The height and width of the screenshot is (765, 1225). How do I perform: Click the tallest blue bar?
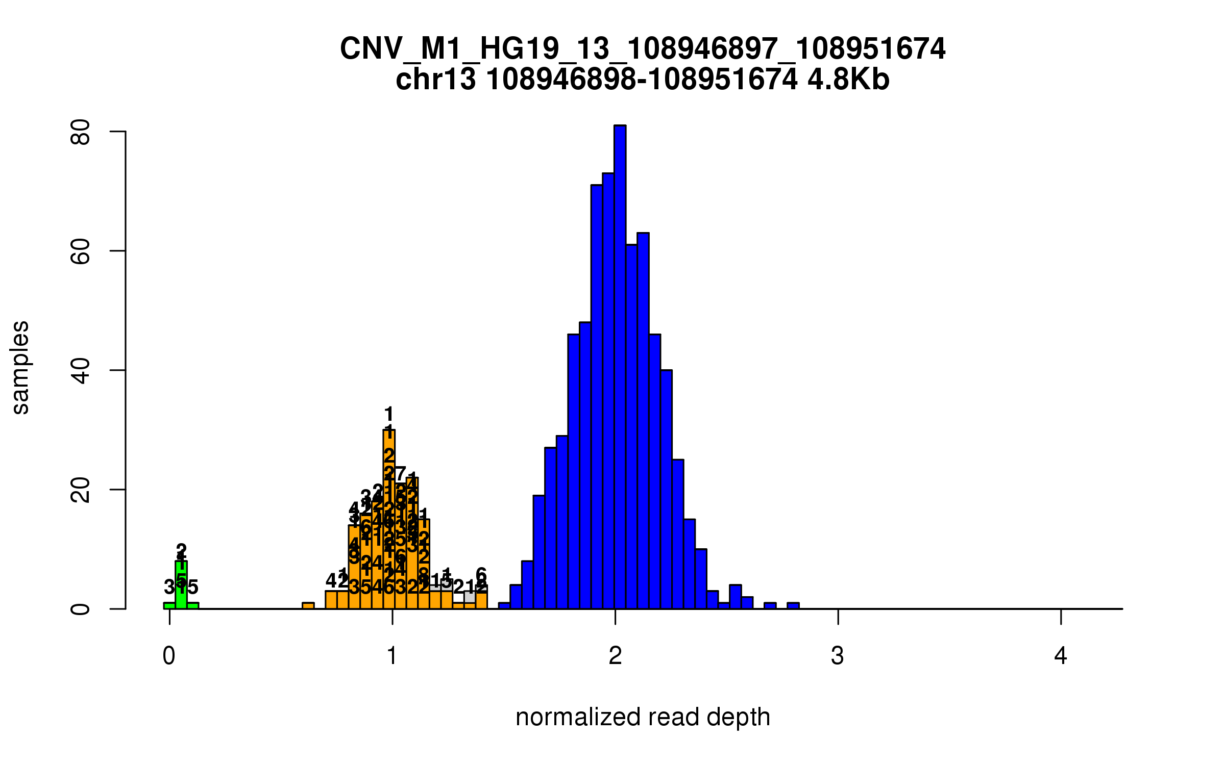[620, 367]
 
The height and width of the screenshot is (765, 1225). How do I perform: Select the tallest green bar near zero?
[181, 586]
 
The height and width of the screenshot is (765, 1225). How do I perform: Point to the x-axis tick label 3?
[838, 656]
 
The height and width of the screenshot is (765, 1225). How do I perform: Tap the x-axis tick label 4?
[1061, 656]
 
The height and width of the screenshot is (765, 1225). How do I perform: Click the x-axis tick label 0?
[169, 656]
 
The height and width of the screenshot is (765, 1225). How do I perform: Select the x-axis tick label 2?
[615, 656]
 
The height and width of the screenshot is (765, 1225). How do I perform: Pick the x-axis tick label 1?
[392, 656]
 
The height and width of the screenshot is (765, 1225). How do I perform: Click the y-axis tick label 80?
[81, 132]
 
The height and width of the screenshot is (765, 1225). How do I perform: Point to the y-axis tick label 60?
[81, 251]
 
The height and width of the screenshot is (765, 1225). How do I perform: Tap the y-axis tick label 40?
[81, 370]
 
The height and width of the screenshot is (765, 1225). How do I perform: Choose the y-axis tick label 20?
[81, 490]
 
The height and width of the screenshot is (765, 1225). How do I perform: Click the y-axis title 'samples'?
[20, 367]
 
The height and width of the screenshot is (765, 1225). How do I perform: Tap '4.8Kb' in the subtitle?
[848, 80]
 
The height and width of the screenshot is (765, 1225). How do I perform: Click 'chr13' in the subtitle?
[435, 80]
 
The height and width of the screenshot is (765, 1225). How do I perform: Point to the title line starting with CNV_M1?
[643, 49]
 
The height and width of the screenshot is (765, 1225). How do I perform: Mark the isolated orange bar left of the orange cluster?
[308, 605]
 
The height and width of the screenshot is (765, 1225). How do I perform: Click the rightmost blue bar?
[793, 606]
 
